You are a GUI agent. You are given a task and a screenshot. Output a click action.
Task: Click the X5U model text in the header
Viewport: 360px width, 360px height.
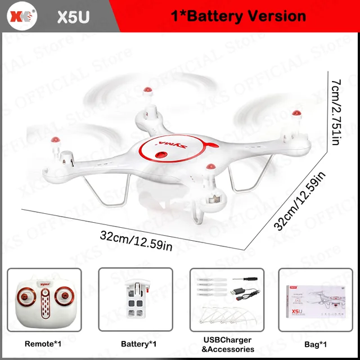pyautogui.click(x=73, y=16)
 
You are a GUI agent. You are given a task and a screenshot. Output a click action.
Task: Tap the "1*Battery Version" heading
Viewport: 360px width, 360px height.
pyautogui.click(x=238, y=15)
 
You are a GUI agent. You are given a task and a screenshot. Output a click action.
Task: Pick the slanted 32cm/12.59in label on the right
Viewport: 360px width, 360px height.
pyautogui.click(x=300, y=201)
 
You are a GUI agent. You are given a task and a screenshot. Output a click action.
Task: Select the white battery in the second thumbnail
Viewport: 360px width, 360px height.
pyautogui.click(x=136, y=302)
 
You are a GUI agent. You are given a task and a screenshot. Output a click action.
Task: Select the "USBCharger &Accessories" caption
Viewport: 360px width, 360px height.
pyautogui.click(x=227, y=345)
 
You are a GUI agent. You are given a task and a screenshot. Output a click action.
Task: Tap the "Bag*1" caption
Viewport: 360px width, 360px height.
pyautogui.click(x=315, y=344)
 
